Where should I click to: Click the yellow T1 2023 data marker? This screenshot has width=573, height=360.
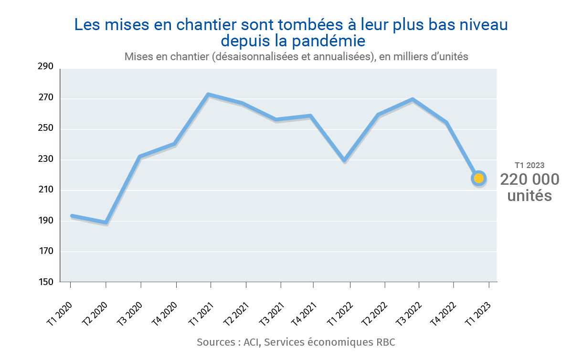click(x=478, y=178)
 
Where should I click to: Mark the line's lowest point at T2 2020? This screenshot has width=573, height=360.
click(x=106, y=222)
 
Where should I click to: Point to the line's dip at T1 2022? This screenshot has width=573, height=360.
click(x=344, y=160)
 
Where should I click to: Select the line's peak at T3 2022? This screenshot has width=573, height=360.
click(x=412, y=99)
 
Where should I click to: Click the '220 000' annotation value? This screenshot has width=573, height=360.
click(x=529, y=180)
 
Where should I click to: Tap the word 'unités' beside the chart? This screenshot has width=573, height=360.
click(x=529, y=196)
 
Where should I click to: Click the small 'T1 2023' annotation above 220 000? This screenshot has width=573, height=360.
click(x=529, y=165)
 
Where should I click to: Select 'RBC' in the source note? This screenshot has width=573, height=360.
click(x=385, y=342)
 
